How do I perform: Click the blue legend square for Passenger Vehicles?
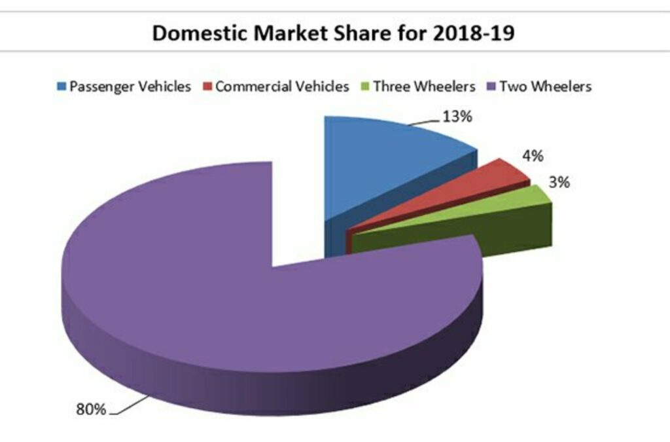coord(62,87)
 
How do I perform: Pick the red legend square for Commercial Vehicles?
coord(207,87)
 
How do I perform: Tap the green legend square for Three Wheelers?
coord(366,87)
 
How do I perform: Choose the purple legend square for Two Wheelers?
coord(492,87)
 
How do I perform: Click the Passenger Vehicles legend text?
coord(130,87)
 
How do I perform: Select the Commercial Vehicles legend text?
coord(282,87)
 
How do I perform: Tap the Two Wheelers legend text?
coord(545,87)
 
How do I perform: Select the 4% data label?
coord(531,157)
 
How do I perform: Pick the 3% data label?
coord(559,183)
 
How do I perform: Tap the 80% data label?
coord(91,409)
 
